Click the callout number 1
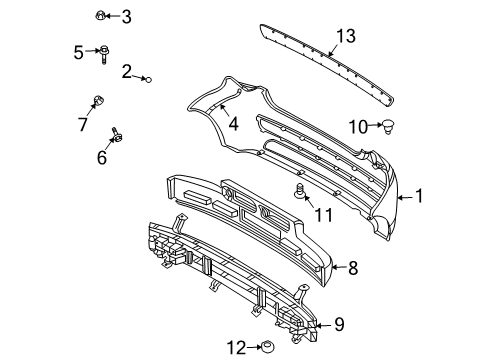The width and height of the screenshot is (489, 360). pos(419,197)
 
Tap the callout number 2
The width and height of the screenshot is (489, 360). pos(128,70)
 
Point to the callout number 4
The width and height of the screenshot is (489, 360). pos(233,125)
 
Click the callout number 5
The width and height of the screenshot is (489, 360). pos(78,51)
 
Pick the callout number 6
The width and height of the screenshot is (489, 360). pos(101,158)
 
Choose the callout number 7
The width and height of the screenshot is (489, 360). pos(83,124)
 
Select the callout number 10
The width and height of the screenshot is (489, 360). pos(358,126)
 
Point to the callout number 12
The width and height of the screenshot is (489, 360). pos(236,347)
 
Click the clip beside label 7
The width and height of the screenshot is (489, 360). pos(98,100)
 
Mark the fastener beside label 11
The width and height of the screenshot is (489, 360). pos(298,191)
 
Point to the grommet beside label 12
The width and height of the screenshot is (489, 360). pos(266,347)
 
